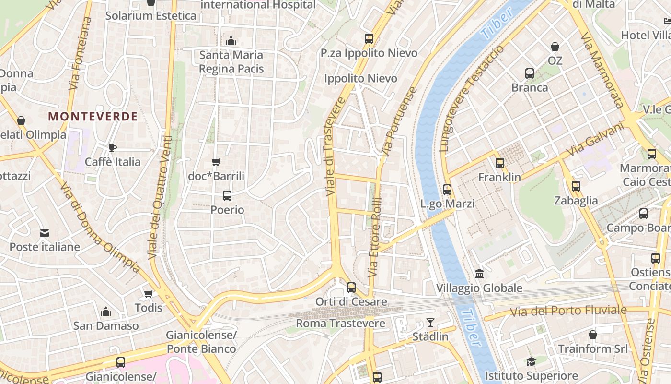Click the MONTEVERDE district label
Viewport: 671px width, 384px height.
[93, 116]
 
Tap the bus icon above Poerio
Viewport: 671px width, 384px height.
[227, 196]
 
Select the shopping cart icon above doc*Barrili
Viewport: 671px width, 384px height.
[216, 162]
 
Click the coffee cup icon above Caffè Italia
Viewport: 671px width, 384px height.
[113, 148]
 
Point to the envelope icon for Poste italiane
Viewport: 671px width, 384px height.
[45, 233]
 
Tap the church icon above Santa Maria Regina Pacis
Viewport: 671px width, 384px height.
[231, 41]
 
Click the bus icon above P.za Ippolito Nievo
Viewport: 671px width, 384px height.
[369, 39]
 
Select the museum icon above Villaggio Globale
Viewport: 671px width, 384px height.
[479, 274]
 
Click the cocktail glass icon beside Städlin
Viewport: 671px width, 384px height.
[430, 323]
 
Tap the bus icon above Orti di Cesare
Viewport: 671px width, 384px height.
[351, 288]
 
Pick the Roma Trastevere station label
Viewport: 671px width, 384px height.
[340, 323]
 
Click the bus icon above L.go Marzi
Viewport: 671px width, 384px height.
[447, 190]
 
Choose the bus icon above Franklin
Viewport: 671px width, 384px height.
[500, 163]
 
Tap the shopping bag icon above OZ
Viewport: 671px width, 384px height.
[555, 47]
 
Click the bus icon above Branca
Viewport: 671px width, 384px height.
[530, 73]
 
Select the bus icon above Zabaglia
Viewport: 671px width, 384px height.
[576, 186]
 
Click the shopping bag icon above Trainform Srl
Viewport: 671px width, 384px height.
[593, 335]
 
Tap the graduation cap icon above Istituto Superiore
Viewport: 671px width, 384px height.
[531, 361]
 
